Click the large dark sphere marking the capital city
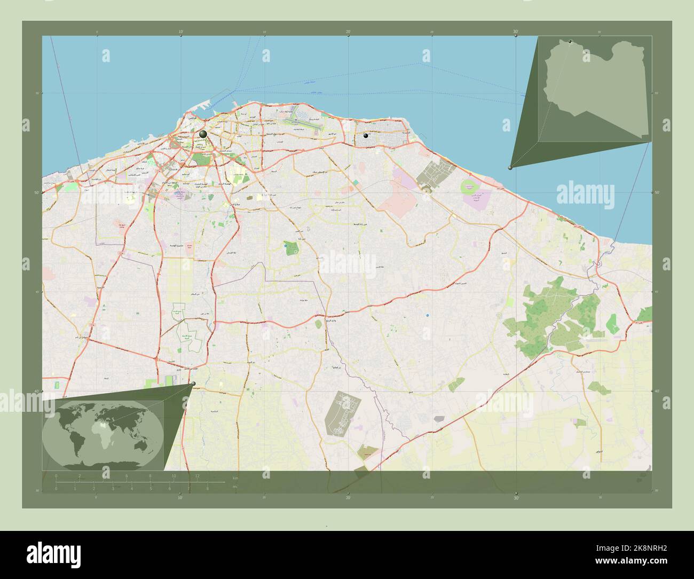203,134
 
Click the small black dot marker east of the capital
366,136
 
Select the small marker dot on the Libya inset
570,41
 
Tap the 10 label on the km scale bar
173,475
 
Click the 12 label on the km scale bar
197,475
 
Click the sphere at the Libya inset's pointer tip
510,168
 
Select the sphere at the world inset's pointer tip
193,384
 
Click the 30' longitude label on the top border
516,32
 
